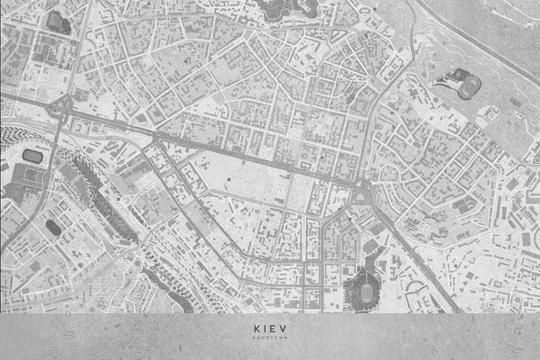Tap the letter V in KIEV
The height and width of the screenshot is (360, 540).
point(287,328)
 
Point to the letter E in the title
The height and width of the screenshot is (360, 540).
point(275,328)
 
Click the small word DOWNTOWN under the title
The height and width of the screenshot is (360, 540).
point(269,338)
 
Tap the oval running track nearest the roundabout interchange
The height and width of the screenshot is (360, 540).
point(32,156)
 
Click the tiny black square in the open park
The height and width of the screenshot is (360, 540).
point(229,181)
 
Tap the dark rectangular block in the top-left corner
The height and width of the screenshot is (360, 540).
point(58,22)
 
